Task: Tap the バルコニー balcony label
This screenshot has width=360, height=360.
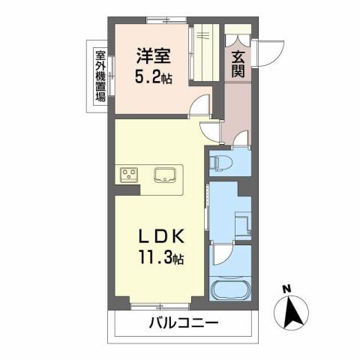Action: click(x=182, y=324)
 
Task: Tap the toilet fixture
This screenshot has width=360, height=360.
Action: click(x=223, y=162)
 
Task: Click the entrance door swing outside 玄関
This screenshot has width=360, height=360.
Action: click(x=268, y=50)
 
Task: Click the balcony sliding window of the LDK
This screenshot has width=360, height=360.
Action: click(x=160, y=304)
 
